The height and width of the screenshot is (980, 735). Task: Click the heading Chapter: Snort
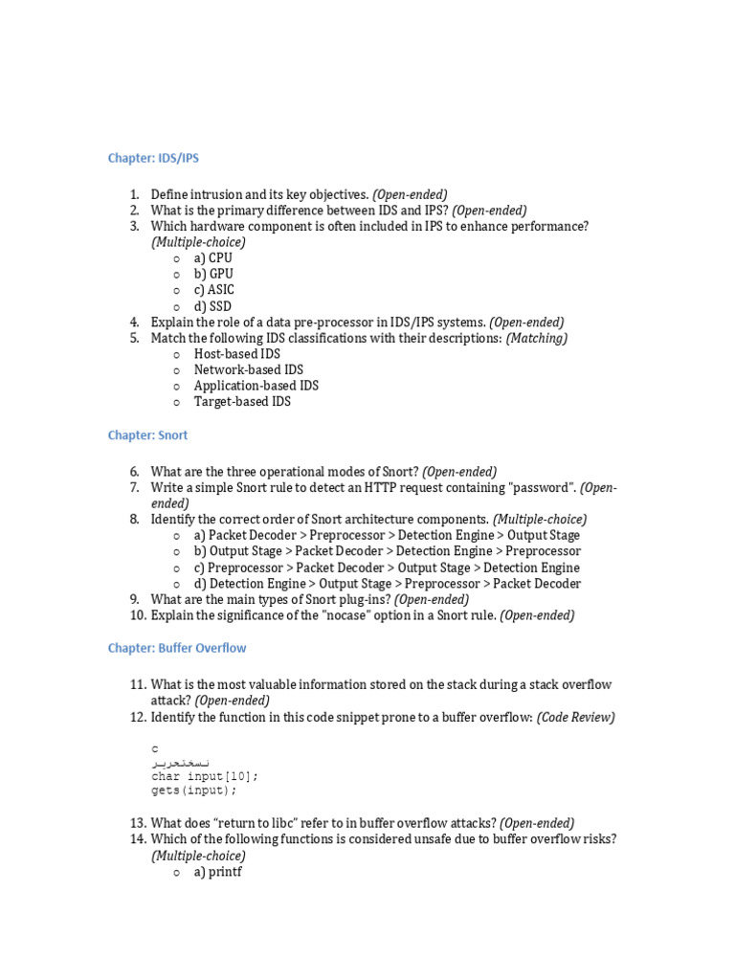[147, 435]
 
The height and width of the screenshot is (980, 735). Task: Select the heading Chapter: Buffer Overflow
[177, 648]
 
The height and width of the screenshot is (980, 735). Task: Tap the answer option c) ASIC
[213, 290]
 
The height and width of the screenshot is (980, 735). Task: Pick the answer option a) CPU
[212, 258]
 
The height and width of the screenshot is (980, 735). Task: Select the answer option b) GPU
[213, 274]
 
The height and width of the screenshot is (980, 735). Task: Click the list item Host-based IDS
[236, 354]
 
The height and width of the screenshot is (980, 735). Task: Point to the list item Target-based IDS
[242, 402]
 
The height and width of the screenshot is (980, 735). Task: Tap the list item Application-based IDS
[256, 386]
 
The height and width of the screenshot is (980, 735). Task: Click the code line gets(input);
[193, 791]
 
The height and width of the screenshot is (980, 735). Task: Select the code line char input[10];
[205, 776]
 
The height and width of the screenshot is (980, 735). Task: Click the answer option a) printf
[217, 872]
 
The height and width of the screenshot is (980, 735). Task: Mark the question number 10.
[137, 615]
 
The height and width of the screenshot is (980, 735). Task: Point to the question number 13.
[137, 823]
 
